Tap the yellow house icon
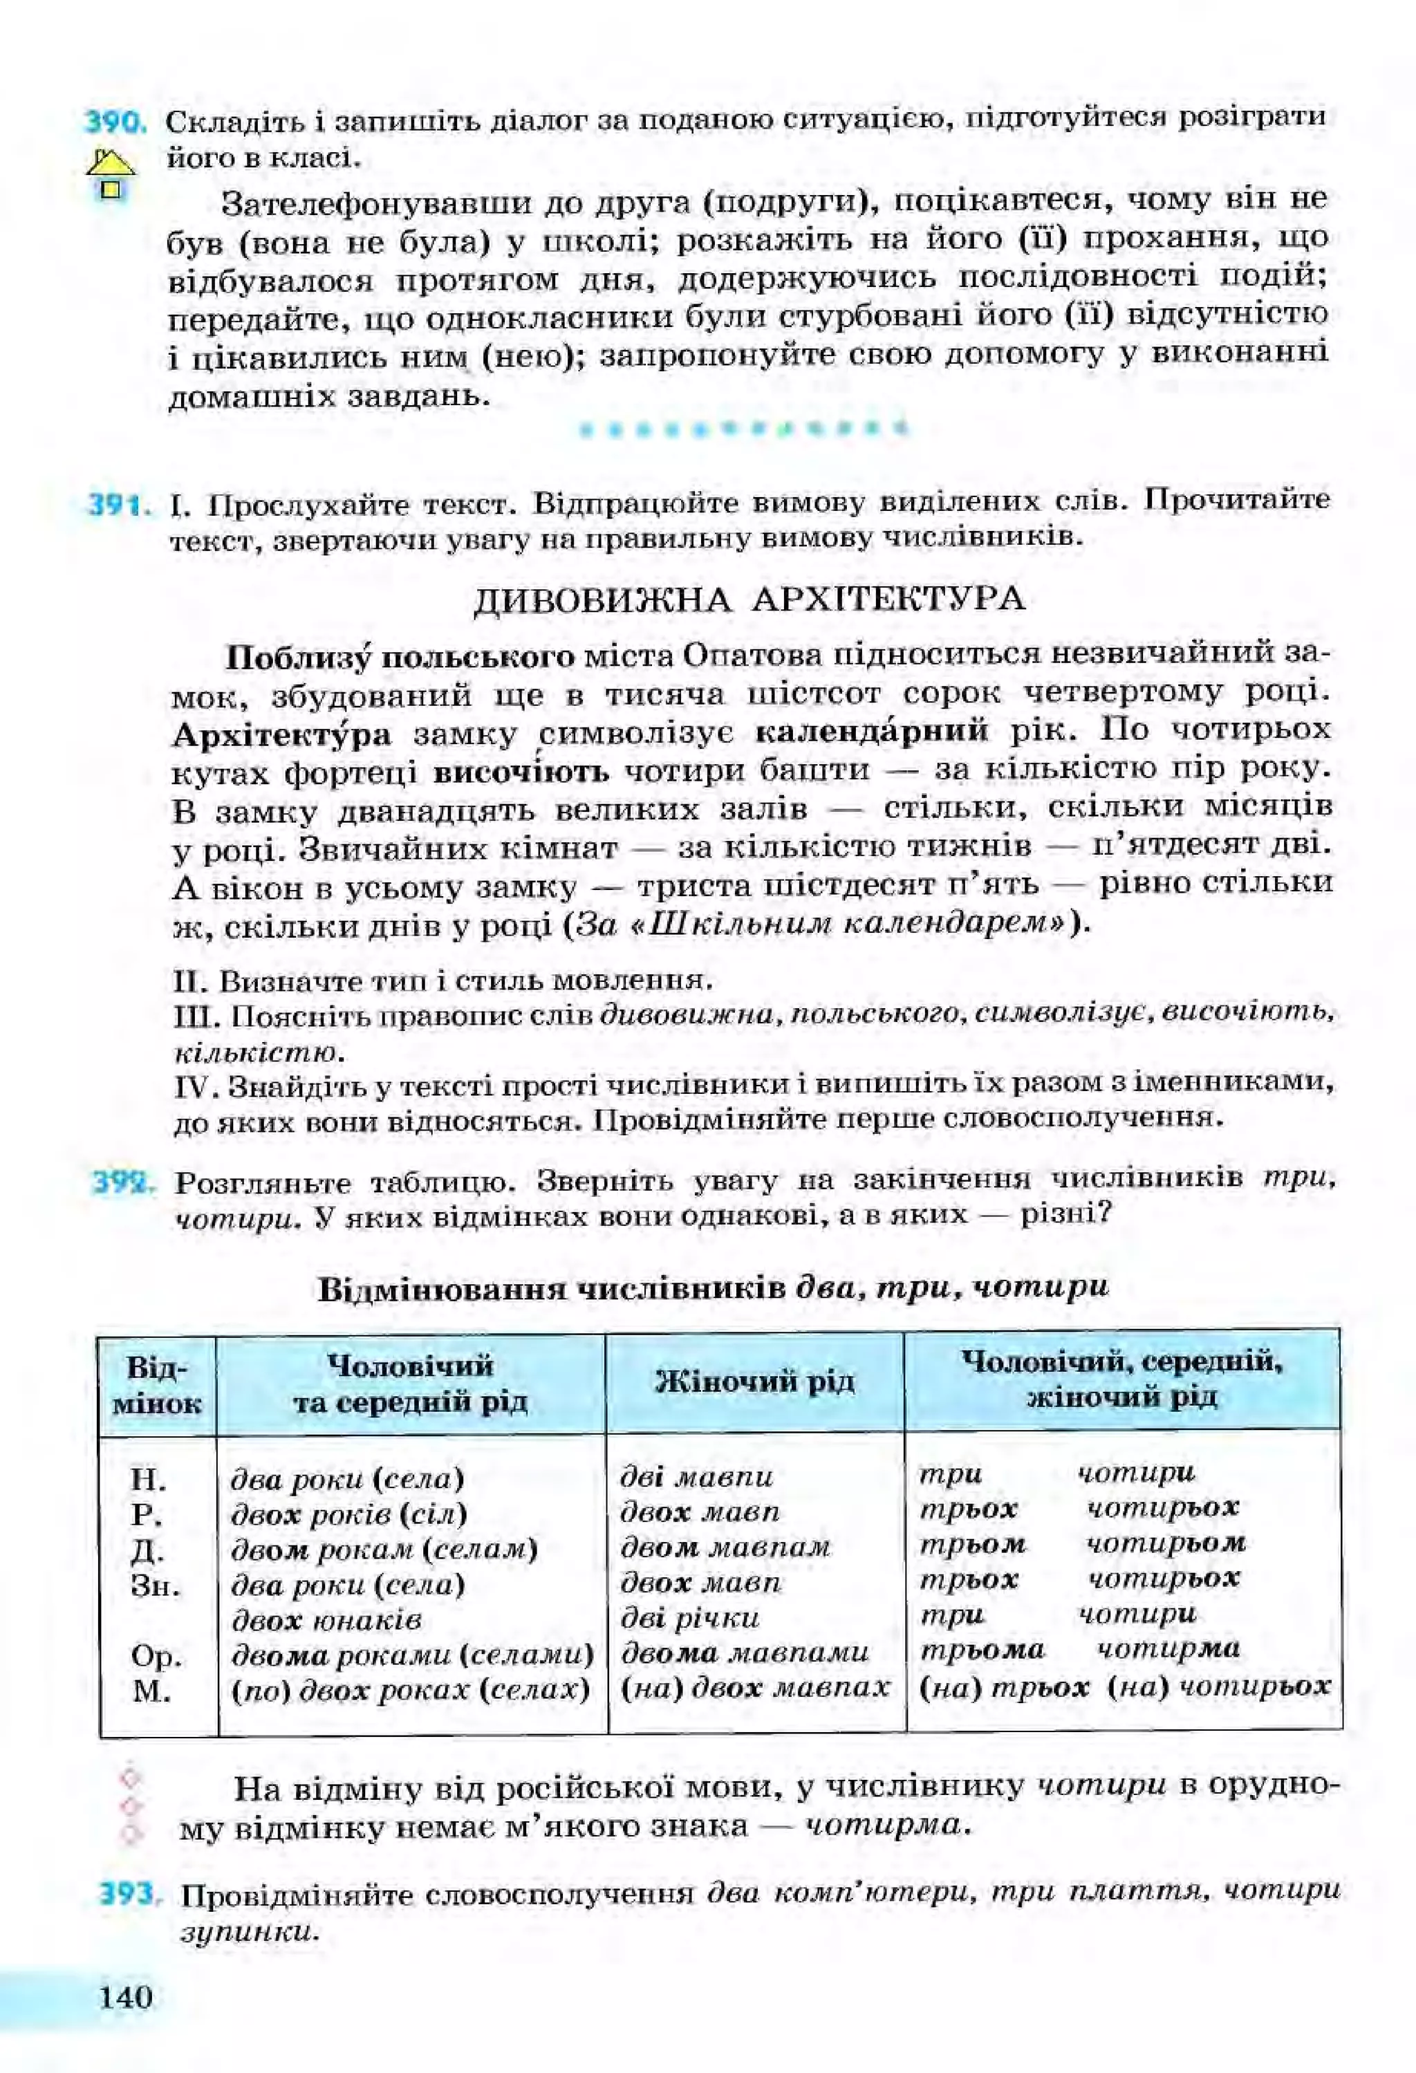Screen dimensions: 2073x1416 111,175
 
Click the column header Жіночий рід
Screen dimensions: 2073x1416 754,1382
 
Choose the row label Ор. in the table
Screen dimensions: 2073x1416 156,1657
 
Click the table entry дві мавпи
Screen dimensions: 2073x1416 696,1477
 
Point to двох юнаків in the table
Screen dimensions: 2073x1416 326,1619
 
